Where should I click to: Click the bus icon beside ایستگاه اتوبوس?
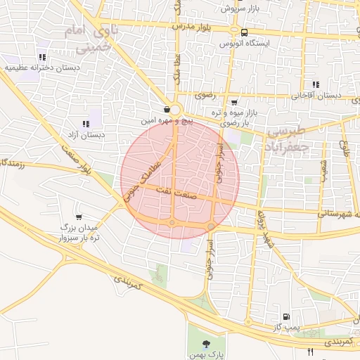(243, 32)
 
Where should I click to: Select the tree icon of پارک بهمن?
(206, 345)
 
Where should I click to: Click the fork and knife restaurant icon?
(311, 351)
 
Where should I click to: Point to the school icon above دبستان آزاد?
(86, 124)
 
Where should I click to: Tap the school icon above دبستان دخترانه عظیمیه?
(42, 58)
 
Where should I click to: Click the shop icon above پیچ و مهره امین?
(166, 110)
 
